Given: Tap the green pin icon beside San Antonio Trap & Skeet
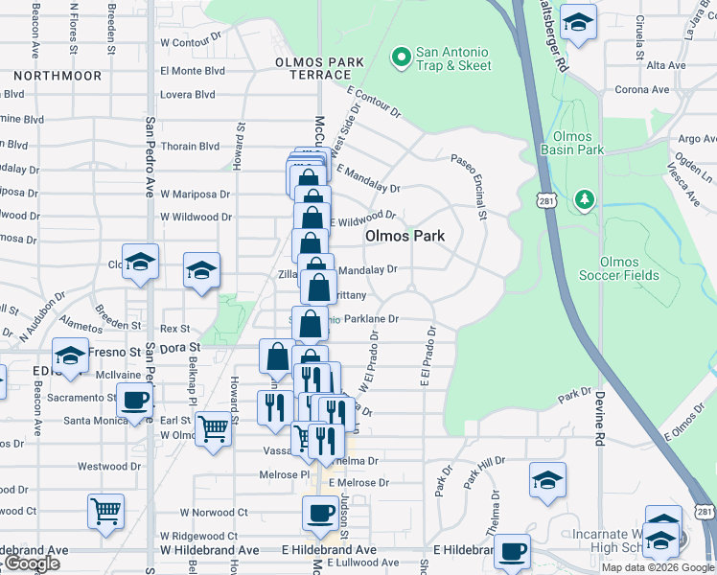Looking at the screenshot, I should coord(400,58).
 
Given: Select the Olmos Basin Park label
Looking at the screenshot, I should coord(572,143).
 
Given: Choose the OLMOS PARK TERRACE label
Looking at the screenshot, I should coord(319,68).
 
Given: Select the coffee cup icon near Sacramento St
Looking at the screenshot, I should coord(134,401).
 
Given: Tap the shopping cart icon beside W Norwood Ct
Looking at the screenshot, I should coord(105,510).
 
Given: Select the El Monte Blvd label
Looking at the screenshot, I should coord(193,70).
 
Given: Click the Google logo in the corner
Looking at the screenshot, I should coord(31,563).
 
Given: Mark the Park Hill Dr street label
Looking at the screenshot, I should coord(484,474).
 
